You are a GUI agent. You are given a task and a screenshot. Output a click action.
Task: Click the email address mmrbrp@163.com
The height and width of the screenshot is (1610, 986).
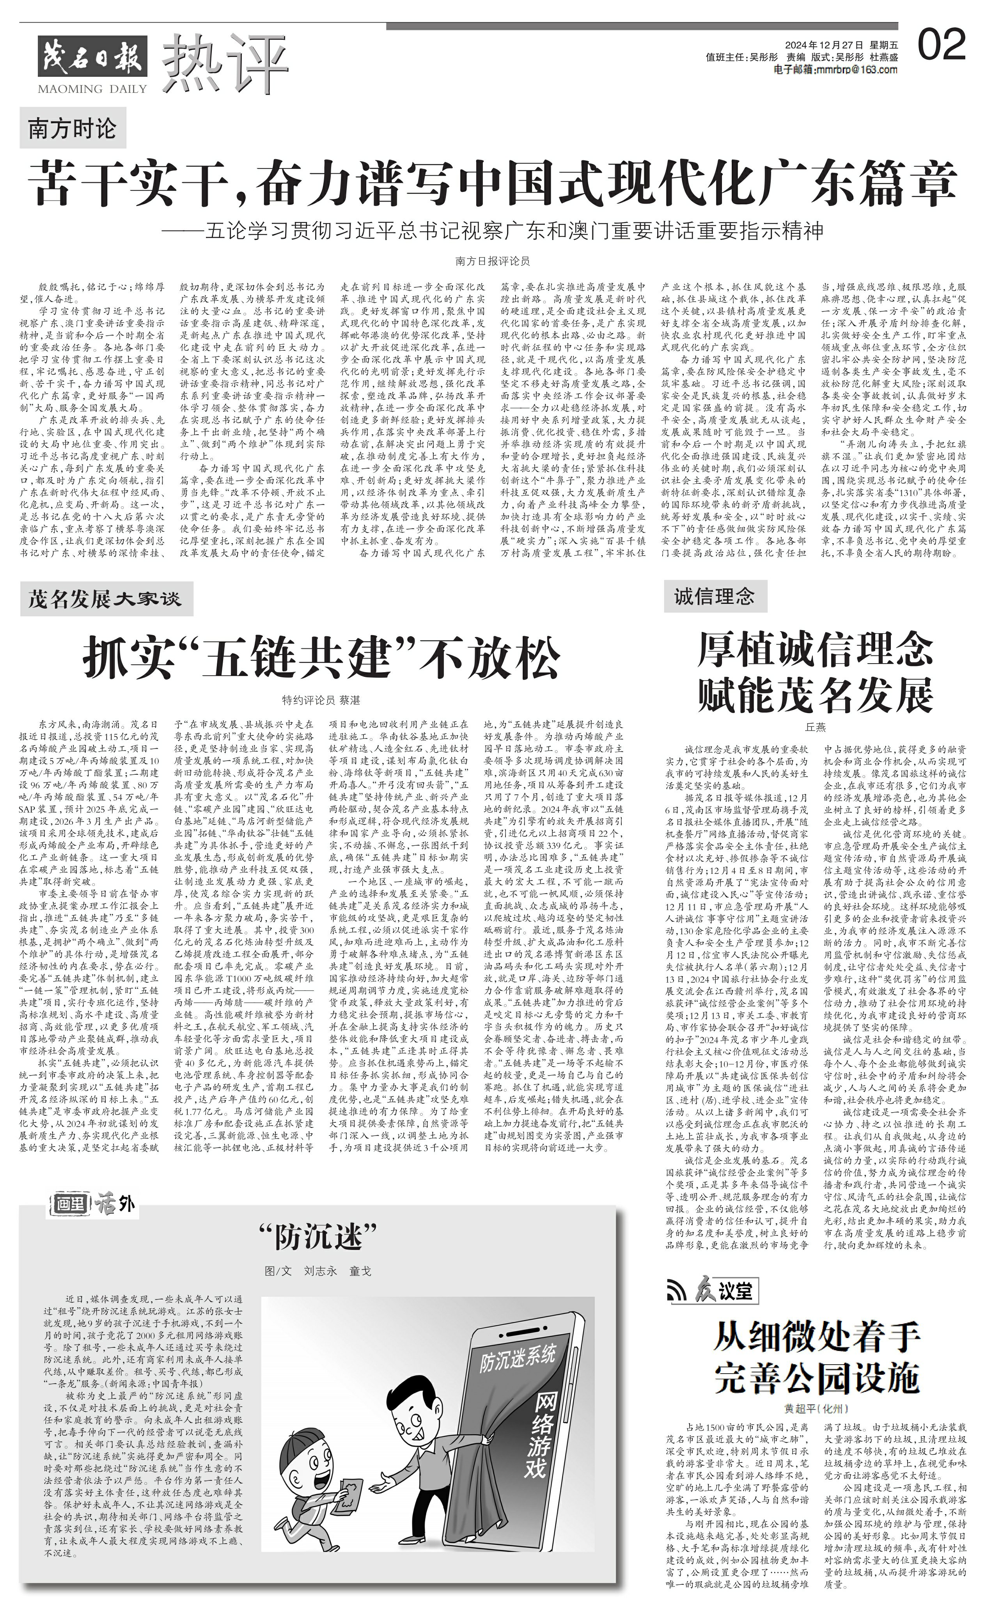tap(836, 70)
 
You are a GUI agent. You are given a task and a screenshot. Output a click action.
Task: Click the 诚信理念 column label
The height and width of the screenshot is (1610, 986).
tap(714, 596)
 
